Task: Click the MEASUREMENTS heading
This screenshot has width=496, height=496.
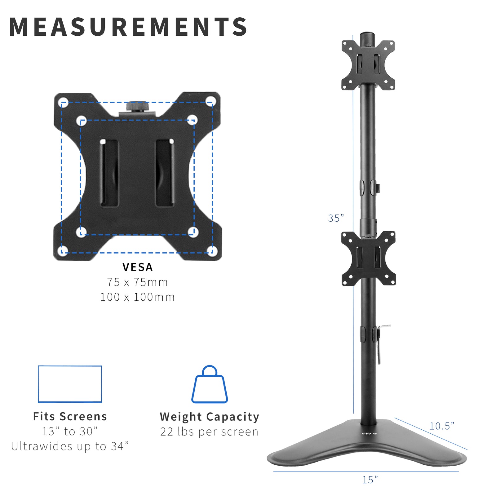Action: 128,27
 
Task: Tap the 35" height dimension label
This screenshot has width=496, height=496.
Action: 336,218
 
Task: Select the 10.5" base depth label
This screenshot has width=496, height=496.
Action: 441,426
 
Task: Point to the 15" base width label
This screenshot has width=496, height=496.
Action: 370,480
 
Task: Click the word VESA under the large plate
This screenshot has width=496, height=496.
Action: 138,267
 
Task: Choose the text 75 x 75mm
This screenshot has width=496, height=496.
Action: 137,282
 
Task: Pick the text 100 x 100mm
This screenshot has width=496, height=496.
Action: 137,297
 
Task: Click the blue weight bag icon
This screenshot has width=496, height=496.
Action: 210,385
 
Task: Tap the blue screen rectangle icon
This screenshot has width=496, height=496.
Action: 70,384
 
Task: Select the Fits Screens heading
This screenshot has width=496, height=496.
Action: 70,417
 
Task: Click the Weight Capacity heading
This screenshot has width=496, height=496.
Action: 210,417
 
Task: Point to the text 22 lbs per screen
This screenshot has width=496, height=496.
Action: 209,432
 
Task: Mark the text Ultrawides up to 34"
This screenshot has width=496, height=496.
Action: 70,446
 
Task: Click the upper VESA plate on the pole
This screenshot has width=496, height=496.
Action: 368,65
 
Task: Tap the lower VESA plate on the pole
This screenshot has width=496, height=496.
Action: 368,258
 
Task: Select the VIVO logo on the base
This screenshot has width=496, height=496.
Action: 369,434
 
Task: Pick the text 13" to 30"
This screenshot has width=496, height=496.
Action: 70,432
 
